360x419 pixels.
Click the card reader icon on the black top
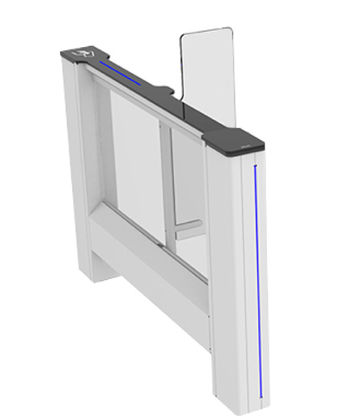point(82,53)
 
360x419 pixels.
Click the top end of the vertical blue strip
point(255,167)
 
